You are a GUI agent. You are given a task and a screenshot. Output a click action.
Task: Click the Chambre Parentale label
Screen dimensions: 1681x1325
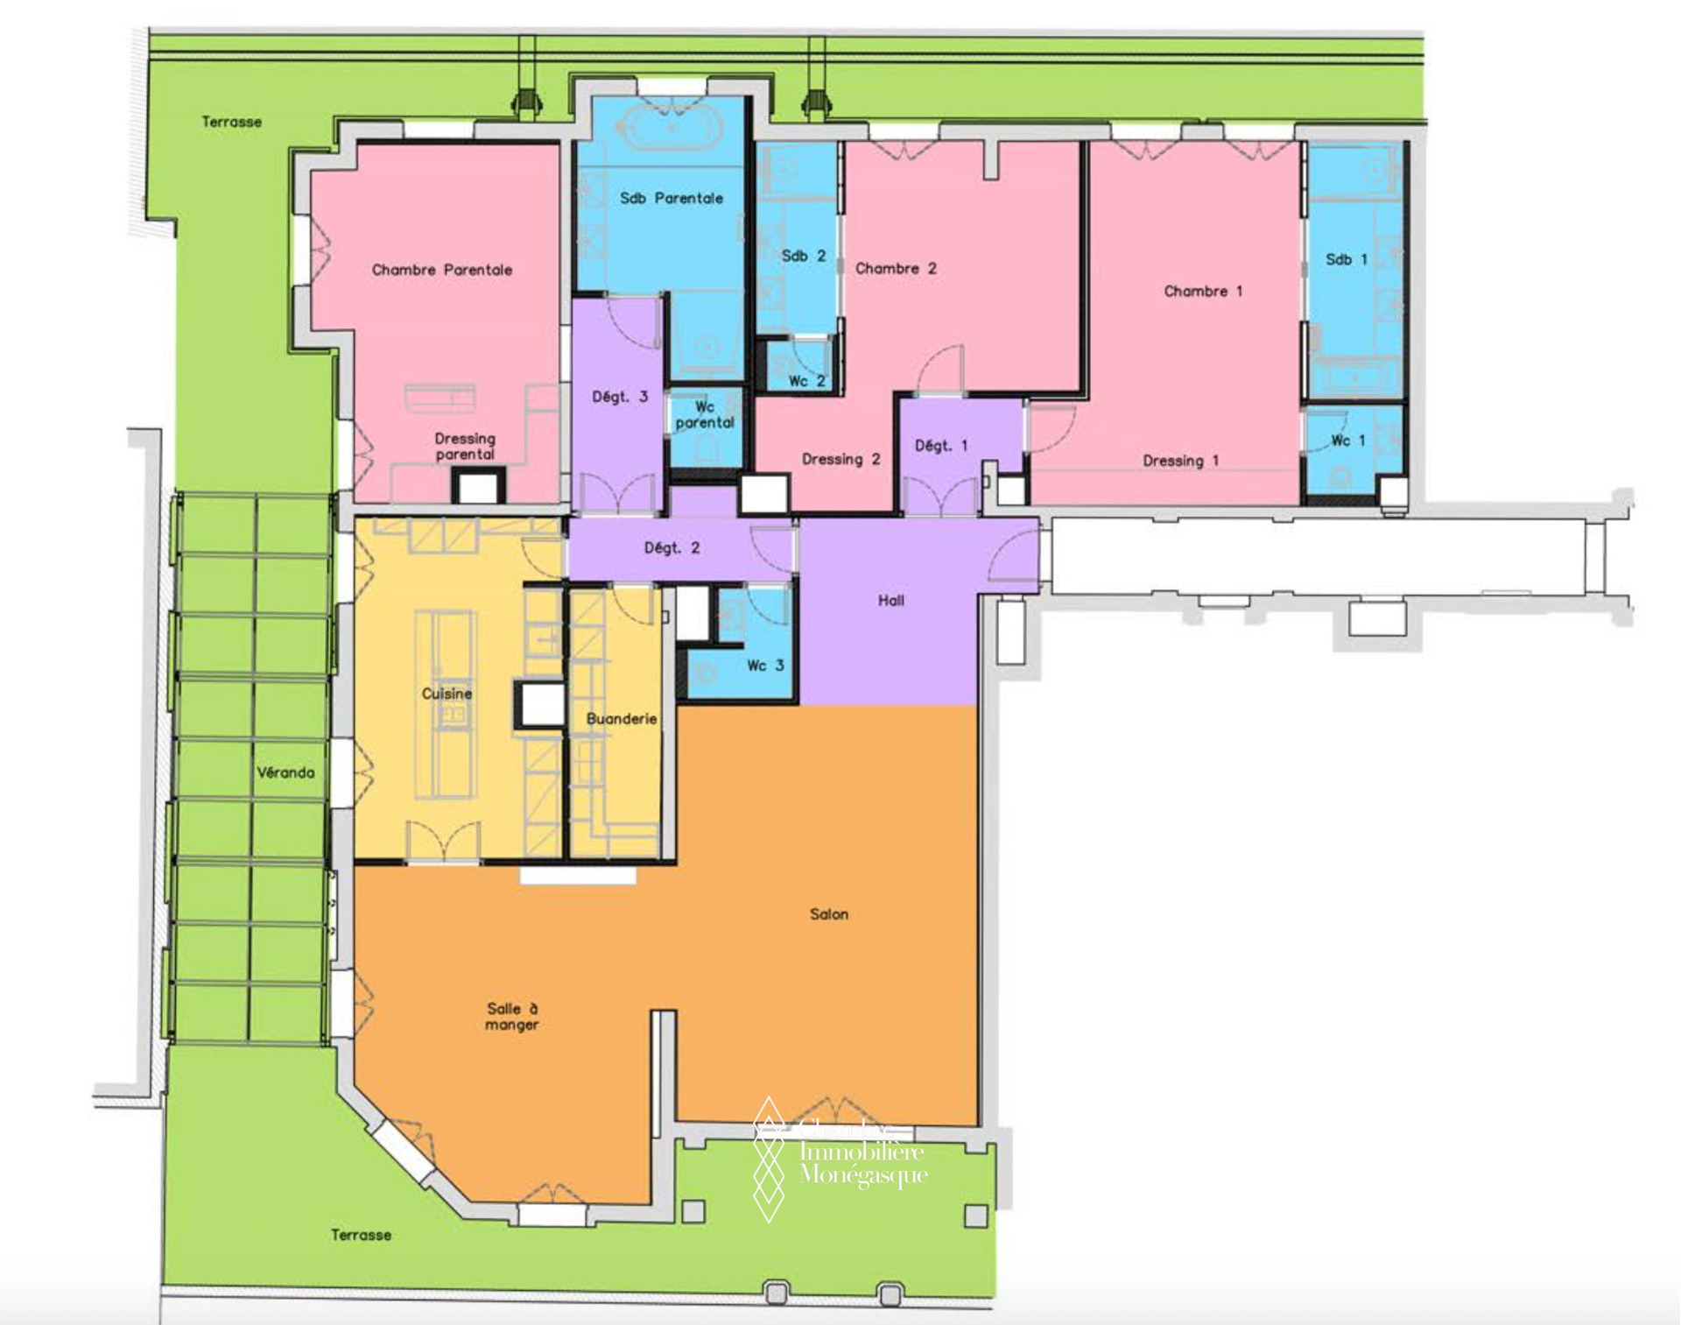pos(442,270)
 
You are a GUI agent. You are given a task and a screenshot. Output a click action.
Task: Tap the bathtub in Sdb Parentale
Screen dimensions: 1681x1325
pos(671,128)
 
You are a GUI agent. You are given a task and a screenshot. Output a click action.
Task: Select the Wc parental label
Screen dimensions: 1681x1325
pos(705,414)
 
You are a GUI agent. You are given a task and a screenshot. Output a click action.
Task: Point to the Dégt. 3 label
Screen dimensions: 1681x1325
pos(620,397)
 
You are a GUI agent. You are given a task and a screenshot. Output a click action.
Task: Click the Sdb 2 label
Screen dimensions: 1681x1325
pos(804,256)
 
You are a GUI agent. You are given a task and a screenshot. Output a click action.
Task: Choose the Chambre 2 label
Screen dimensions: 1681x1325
pos(896,268)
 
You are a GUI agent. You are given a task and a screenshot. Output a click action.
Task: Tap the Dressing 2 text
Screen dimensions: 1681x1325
pos(841,459)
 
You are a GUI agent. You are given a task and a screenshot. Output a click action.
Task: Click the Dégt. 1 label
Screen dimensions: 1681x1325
pos(941,446)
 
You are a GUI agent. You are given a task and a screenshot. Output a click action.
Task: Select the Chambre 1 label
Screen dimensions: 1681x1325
pos(1203,291)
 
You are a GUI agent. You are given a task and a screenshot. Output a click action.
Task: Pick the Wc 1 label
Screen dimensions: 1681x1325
pos(1348,440)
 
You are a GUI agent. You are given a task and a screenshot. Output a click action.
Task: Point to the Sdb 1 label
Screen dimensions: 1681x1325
pos(1347,259)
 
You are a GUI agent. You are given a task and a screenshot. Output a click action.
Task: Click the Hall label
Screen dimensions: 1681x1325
pos(891,600)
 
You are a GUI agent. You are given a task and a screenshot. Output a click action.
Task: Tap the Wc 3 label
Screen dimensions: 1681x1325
pos(765,666)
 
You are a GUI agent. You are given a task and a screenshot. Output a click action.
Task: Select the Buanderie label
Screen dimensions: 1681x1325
pos(622,718)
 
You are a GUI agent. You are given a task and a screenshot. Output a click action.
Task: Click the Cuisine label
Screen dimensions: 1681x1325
pos(447,694)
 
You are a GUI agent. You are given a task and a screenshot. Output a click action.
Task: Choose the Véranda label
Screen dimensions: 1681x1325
pos(285,772)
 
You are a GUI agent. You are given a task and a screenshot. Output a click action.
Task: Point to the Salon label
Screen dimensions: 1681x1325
pos(829,914)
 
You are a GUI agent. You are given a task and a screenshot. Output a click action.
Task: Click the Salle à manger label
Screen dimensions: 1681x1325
pos(512,1017)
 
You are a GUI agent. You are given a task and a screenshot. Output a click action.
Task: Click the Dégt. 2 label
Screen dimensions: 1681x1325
pos(672,548)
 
